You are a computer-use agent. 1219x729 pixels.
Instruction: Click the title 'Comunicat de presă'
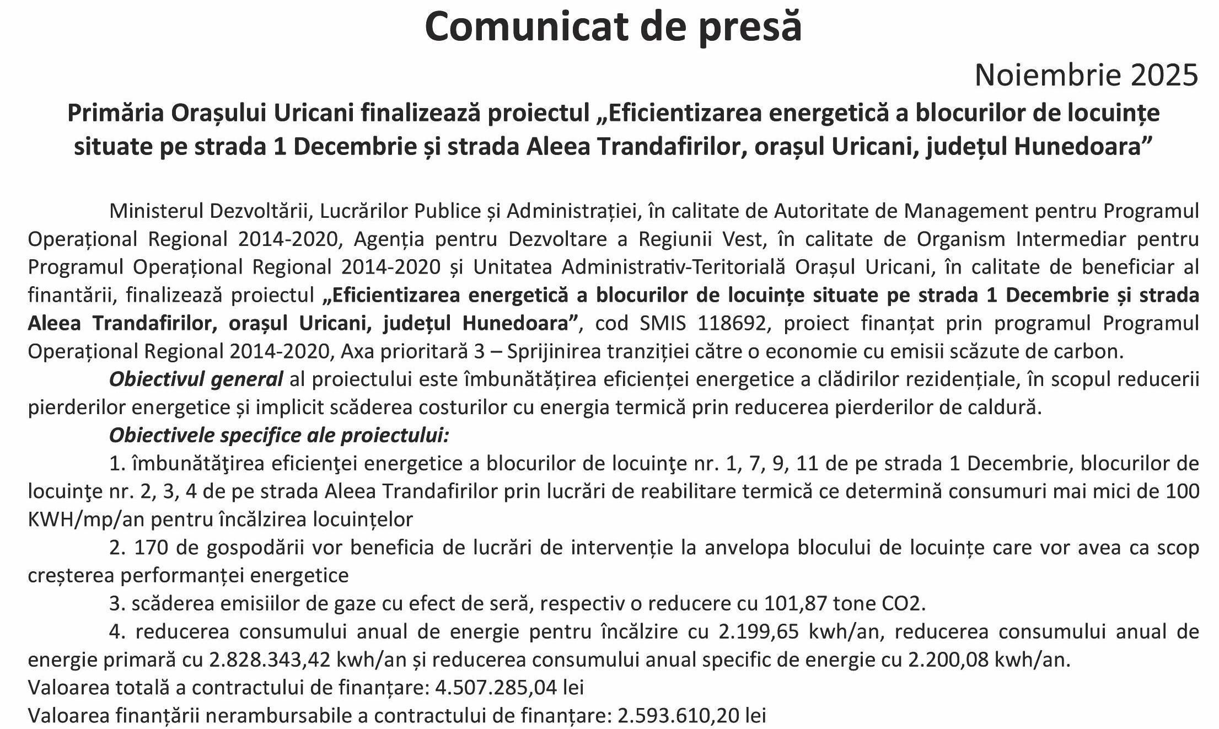tap(613, 26)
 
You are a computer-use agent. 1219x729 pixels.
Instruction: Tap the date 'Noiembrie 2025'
tap(1086, 76)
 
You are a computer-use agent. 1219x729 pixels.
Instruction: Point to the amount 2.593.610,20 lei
tap(692, 716)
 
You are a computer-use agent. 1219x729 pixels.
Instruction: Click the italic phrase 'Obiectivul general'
tap(196, 379)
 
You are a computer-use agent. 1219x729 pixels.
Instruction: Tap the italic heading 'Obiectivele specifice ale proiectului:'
tap(279, 436)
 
